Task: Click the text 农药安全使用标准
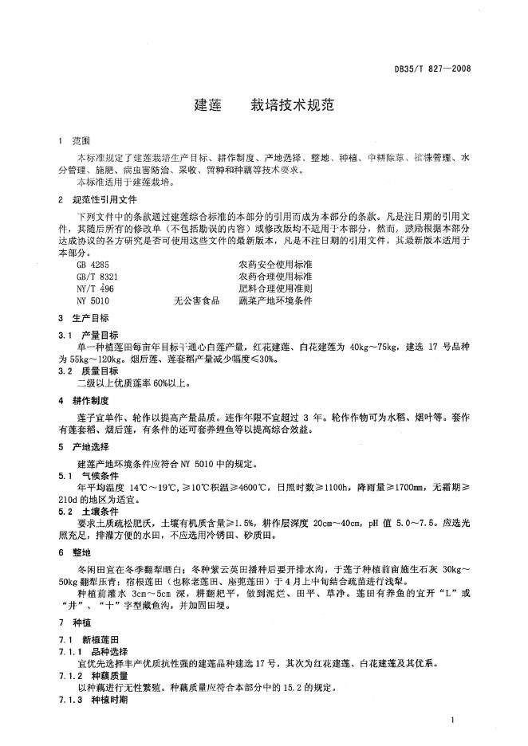275,263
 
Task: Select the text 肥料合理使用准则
275,289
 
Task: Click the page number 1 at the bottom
452,721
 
